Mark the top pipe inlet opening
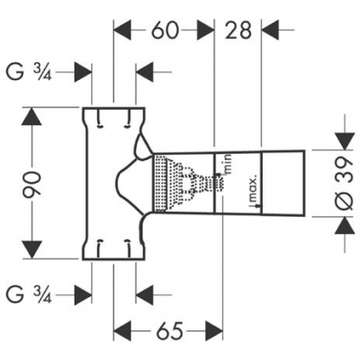(x=113, y=110)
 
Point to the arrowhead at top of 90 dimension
(x=33, y=116)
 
